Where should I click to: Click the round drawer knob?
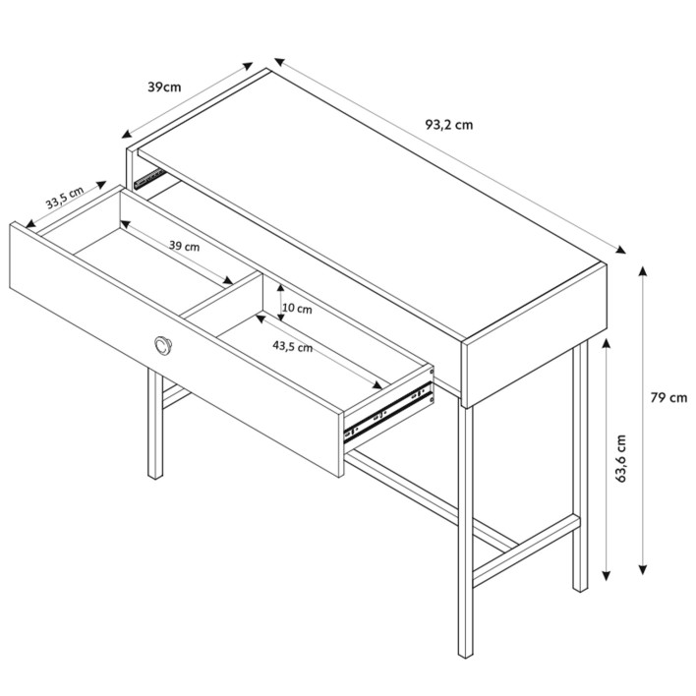tap(163, 345)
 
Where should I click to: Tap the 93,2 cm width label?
tap(449, 125)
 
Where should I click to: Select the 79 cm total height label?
tap(668, 398)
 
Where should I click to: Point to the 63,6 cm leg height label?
tap(620, 458)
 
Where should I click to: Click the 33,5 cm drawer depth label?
tap(65, 198)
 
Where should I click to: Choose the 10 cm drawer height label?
tap(297, 308)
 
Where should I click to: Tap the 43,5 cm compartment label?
tap(293, 347)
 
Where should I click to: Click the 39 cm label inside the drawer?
tap(184, 246)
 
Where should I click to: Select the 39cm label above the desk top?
tap(164, 87)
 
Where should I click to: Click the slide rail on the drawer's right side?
tap(387, 412)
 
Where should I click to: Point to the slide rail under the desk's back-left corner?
tap(150, 179)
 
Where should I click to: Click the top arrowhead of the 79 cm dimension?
tap(643, 270)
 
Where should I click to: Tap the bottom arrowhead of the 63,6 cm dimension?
tap(607, 576)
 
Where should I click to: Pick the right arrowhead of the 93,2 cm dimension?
tap(620, 250)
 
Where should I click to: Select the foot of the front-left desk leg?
tap(155, 475)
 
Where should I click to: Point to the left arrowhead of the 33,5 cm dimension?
tap(30, 224)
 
